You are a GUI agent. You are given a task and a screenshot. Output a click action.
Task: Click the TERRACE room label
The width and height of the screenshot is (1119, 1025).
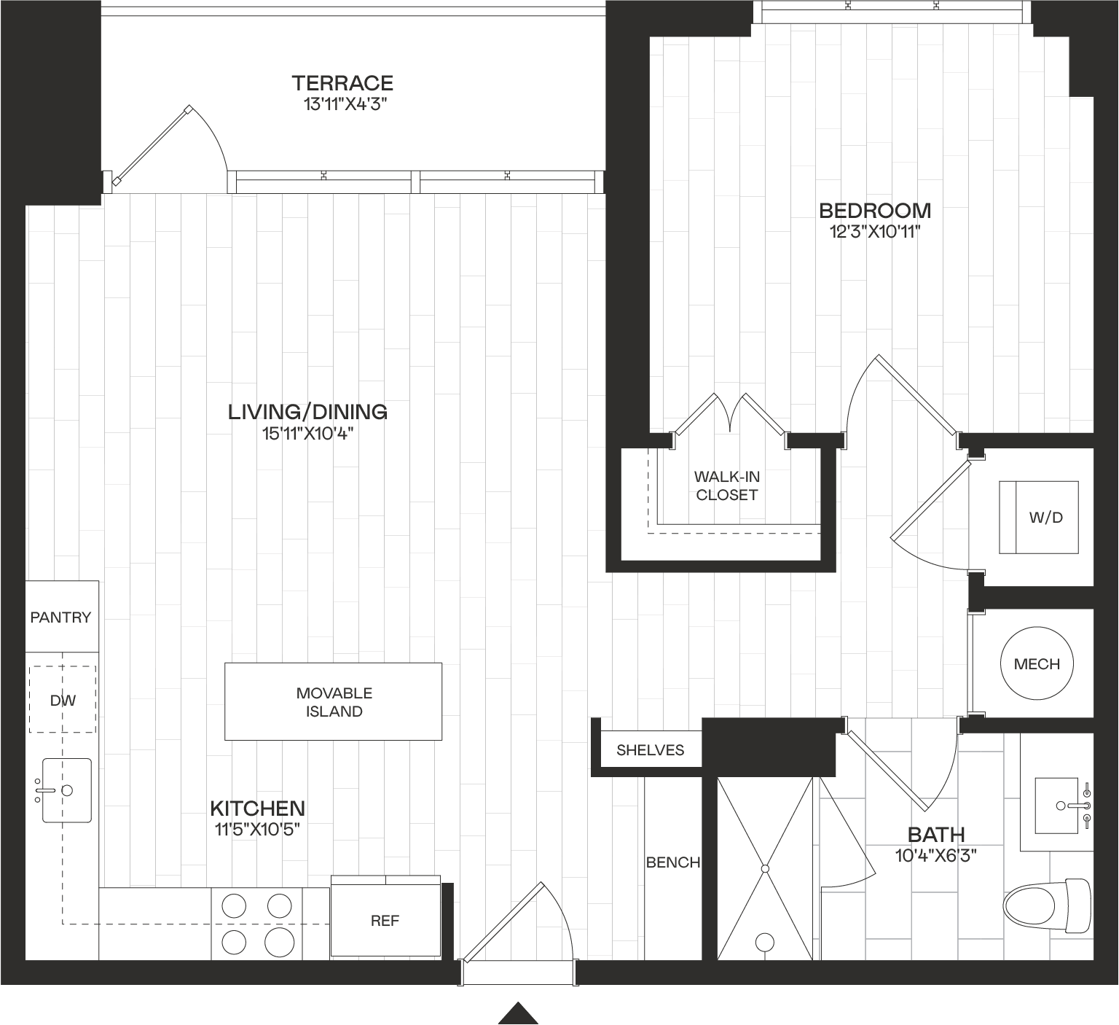pos(342,83)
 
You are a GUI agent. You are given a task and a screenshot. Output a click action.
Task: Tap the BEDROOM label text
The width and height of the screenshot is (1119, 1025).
pos(875,211)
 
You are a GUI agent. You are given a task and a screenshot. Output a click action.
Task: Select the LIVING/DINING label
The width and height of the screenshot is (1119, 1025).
pos(307,412)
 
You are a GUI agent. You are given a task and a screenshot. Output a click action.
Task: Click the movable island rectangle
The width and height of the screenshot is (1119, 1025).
pos(333,701)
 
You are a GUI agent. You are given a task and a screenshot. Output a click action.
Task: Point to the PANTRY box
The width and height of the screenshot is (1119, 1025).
pos(62,617)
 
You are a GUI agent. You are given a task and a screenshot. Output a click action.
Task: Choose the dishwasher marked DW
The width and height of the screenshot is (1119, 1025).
pos(63,699)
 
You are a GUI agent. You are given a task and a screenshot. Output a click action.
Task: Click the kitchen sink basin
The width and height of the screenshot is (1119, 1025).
pos(66,790)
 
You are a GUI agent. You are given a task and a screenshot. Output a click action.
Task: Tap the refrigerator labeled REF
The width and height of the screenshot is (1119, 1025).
pos(385,921)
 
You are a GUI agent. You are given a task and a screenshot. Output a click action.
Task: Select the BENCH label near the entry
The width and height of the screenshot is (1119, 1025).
pos(673,862)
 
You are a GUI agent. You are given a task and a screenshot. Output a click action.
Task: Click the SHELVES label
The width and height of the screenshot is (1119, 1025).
pos(651,750)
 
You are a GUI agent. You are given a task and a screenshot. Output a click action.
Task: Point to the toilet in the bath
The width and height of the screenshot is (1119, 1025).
pos(1048,906)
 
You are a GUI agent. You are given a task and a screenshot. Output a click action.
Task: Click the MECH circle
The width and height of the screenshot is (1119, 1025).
pos(1037,663)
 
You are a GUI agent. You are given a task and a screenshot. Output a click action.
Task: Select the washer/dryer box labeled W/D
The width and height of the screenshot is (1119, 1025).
pos(1038,518)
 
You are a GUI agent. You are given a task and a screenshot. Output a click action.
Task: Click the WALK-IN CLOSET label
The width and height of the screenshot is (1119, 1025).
pos(727,486)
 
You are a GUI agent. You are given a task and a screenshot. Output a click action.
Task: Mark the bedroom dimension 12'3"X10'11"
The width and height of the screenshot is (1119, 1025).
pos(875,233)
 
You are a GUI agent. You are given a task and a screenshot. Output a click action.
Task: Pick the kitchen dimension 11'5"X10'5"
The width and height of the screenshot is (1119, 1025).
pos(257,830)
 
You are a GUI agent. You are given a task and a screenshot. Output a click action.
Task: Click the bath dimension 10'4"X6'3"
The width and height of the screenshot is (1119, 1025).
pos(936,855)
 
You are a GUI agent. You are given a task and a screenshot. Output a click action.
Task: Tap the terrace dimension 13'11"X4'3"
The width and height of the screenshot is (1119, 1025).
pos(343,104)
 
